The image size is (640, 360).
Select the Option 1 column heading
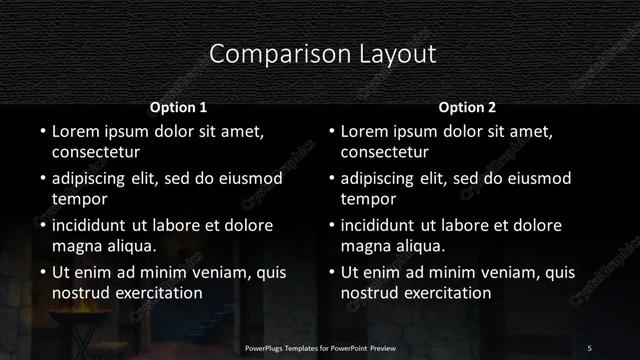pos(178,106)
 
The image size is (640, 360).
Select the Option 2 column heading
pos(467,106)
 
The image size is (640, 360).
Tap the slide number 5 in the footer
pos(590,347)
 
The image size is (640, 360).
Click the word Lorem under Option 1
pos(75,131)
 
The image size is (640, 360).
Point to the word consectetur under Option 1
pos(95,153)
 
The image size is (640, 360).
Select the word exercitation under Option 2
pos(445,293)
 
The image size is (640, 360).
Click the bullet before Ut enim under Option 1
pos(41,272)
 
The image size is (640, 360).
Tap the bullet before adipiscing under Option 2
pos(331,178)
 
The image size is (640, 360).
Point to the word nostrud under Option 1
pos(80,293)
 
